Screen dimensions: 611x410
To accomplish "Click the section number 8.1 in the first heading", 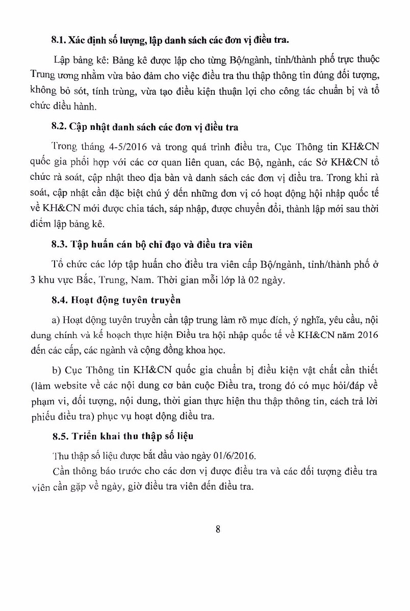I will pyautogui.click(x=59, y=39).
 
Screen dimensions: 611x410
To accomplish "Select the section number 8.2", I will pyautogui.click(x=59, y=126).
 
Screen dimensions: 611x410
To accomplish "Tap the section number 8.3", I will pyautogui.click(x=59, y=245).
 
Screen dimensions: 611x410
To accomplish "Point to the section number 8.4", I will pyautogui.click(x=59, y=300).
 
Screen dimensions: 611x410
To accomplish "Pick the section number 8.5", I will pyautogui.click(x=59, y=437).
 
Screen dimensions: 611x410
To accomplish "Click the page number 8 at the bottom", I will pyautogui.click(x=218, y=529).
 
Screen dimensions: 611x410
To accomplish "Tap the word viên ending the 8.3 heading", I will pyautogui.click(x=241, y=245).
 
